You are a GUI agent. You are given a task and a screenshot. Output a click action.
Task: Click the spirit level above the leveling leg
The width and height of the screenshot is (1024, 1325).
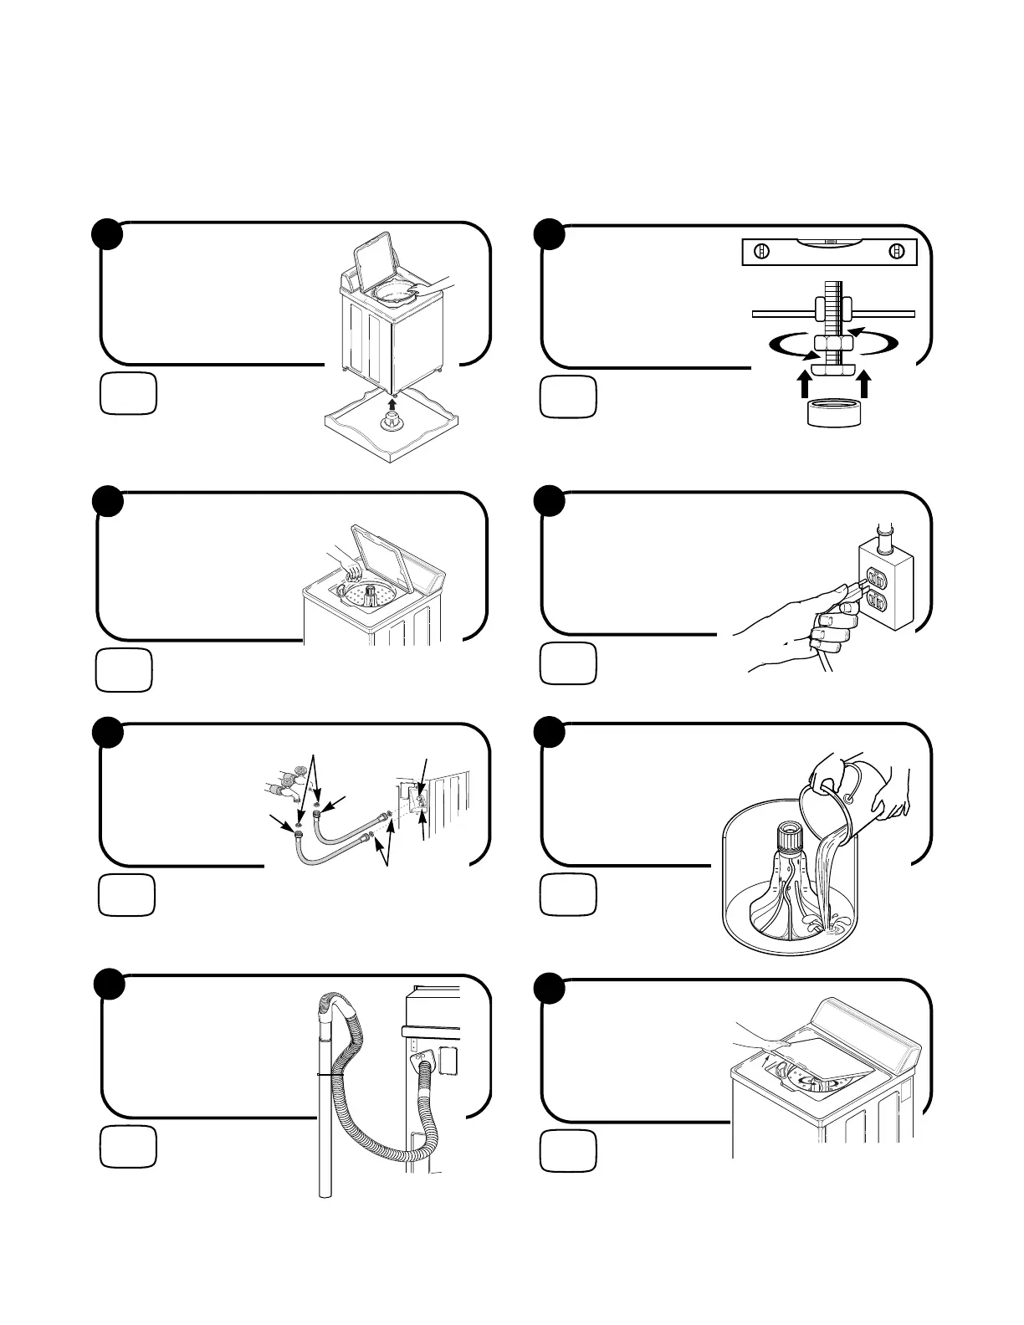pos(829,251)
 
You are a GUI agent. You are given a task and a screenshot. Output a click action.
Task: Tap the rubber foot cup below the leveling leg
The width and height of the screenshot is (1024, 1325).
pos(833,412)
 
